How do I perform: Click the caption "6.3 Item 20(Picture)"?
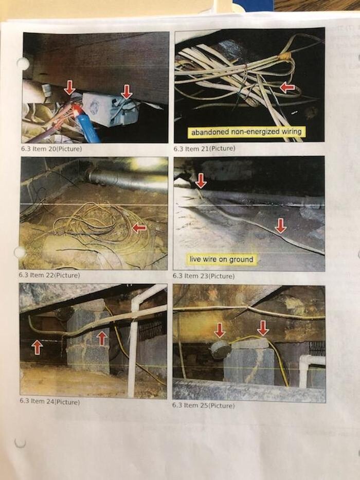pyautogui.click(x=51, y=149)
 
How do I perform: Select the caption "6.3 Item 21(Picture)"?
pyautogui.click(x=204, y=149)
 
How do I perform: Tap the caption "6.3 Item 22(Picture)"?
pyautogui.click(x=49, y=275)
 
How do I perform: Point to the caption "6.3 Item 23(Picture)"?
pyautogui.click(x=204, y=276)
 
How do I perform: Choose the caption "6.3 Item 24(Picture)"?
pyautogui.click(x=49, y=401)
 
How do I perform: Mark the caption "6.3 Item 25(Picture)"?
pyautogui.click(x=203, y=405)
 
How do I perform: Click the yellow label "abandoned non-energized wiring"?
pyautogui.click(x=246, y=132)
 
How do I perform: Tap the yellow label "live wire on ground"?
pyautogui.click(x=221, y=259)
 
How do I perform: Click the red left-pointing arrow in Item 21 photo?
pyautogui.click(x=287, y=88)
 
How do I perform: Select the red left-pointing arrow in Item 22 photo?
pyautogui.click(x=139, y=228)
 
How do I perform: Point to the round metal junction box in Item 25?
pyautogui.click(x=220, y=349)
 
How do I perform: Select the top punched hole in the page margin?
pyautogui.click(x=22, y=64)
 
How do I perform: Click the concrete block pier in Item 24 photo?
pyautogui.click(x=87, y=337)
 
